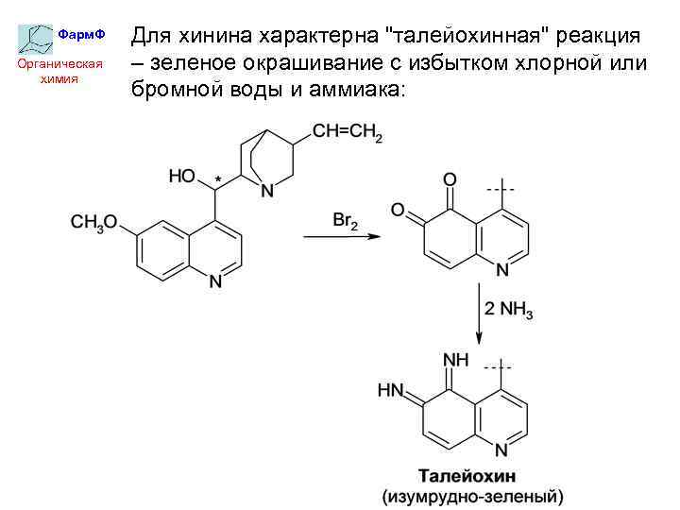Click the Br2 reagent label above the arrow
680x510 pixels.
346,221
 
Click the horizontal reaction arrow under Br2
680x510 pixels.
341,236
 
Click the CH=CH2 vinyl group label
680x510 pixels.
348,133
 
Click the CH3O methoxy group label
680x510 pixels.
93,223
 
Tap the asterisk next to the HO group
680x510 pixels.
219,178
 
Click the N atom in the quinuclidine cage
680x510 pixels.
267,191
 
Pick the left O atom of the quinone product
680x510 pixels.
399,210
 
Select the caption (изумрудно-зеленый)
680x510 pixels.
471,495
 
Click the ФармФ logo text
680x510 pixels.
80,35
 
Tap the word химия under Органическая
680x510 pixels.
59,79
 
